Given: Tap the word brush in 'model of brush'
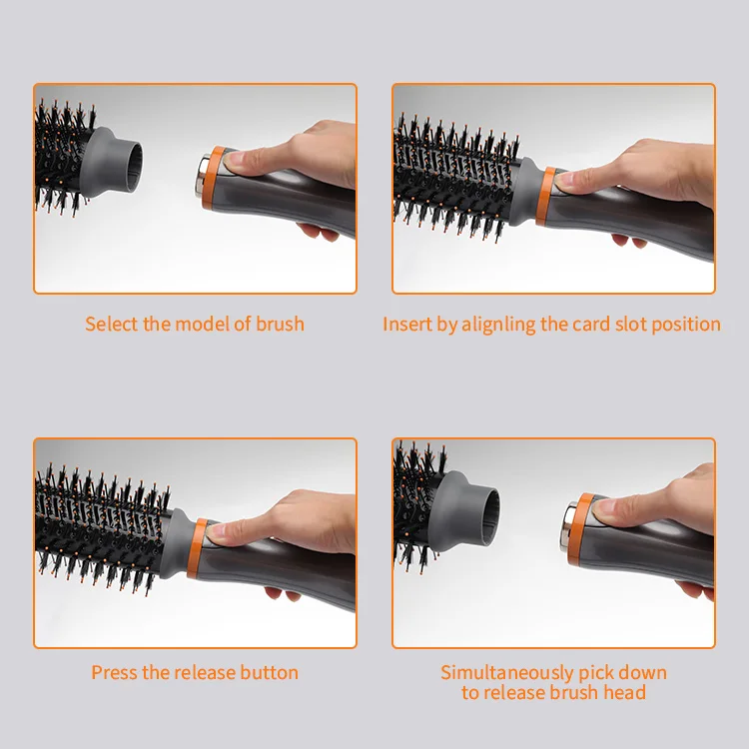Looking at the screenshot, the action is pos(280,324).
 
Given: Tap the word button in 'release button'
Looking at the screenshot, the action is pos(269,672).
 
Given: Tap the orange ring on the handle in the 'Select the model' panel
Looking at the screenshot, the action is pos(213,177).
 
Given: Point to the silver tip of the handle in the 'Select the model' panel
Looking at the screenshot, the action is pos(201,175).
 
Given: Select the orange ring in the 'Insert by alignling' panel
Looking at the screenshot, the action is pos(545,196).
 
